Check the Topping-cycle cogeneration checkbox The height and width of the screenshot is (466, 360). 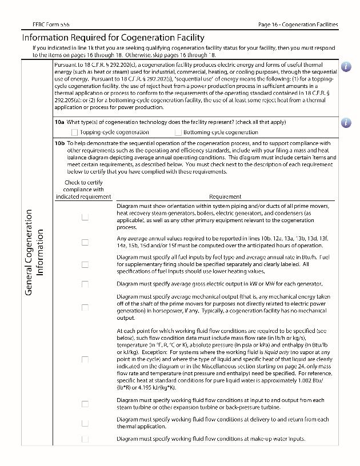[x=74, y=132]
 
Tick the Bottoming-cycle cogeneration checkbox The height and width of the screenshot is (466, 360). [x=178, y=132]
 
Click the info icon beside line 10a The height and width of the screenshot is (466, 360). [x=346, y=122]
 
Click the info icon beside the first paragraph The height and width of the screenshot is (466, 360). [x=346, y=66]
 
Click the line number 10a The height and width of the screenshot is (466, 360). [x=59, y=122]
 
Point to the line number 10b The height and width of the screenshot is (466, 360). [x=59, y=143]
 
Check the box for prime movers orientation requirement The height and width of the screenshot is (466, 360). [x=85, y=217]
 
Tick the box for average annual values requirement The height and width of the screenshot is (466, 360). [x=85, y=242]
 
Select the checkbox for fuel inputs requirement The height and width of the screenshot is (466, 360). [x=85, y=264]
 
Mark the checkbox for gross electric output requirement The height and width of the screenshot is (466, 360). [x=85, y=284]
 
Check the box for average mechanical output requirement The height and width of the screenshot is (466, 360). [x=85, y=307]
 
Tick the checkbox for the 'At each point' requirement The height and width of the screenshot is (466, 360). [x=85, y=360]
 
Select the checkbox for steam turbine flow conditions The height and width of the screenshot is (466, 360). [x=85, y=404]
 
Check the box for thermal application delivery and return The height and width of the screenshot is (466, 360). [x=85, y=423]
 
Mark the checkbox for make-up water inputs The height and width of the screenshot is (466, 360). [x=85, y=439]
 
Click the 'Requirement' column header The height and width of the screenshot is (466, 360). [x=225, y=196]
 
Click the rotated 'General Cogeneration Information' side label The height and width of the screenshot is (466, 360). [x=34, y=252]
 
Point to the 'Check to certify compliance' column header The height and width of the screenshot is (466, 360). [x=83, y=190]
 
